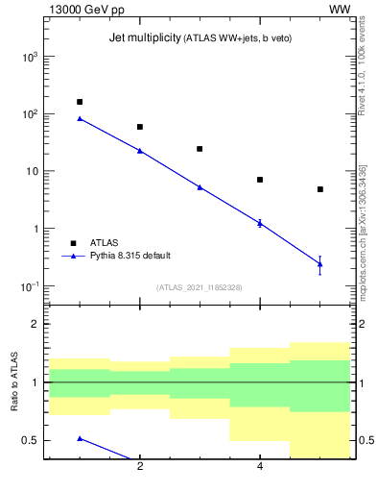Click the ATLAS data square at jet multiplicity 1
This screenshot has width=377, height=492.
[80, 102]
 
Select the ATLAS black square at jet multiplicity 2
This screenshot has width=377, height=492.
[140, 127]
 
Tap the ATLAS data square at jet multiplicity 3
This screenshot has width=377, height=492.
[200, 149]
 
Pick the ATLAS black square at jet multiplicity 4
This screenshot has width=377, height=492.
[260, 180]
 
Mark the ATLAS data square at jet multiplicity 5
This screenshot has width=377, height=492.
[320, 189]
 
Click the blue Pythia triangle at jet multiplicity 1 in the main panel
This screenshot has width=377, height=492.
[80, 119]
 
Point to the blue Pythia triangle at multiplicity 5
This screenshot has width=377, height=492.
[320, 263]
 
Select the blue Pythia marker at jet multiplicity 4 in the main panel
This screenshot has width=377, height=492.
[260, 222]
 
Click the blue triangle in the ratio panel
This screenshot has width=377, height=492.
[80, 438]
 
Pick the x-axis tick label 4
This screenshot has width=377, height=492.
[260, 467]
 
